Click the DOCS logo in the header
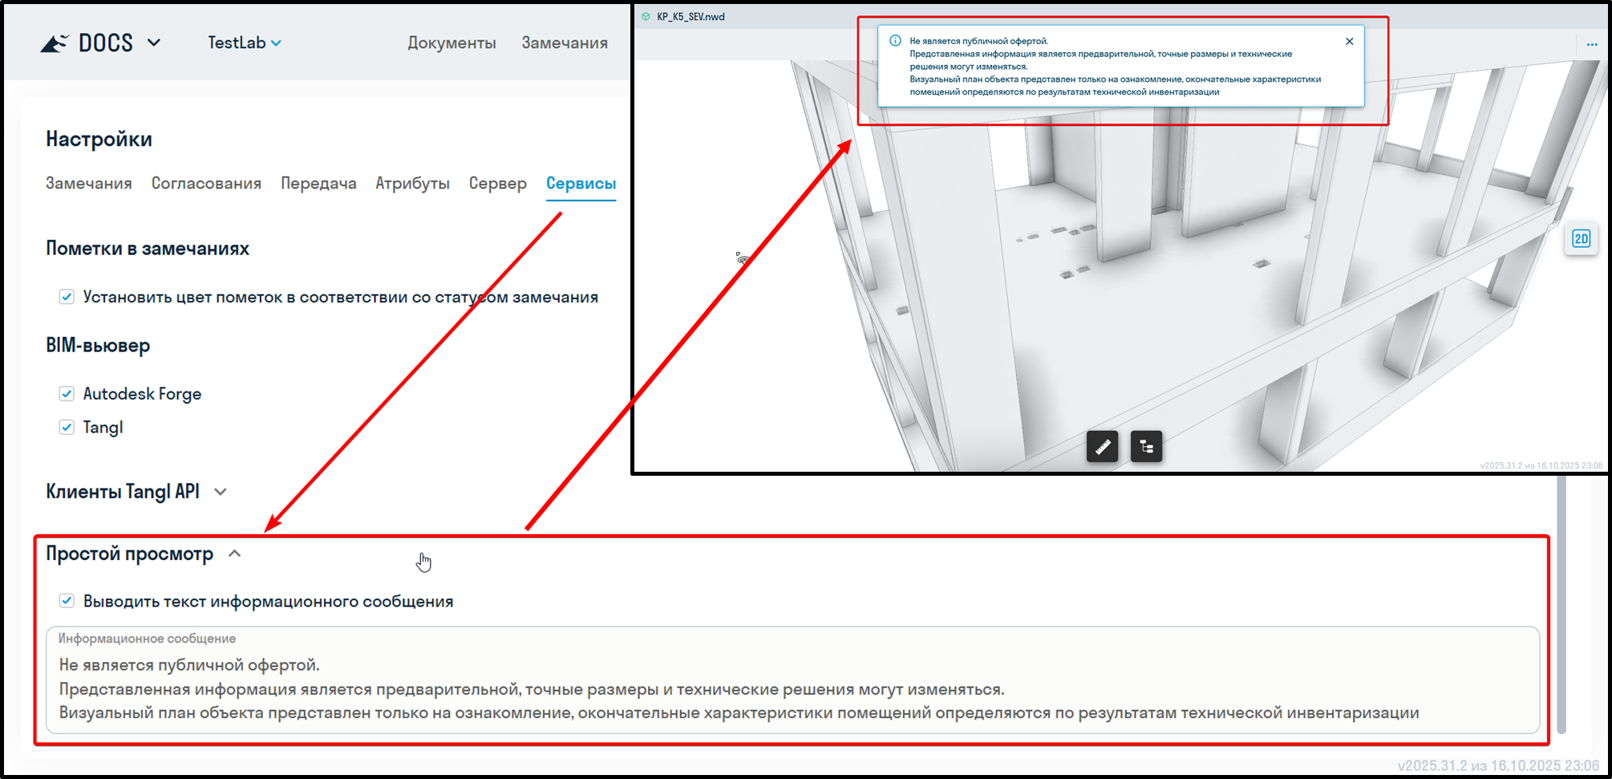(x=87, y=43)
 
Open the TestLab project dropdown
(x=245, y=43)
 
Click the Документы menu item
(x=452, y=43)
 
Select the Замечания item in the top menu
(x=565, y=43)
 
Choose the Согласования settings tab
(x=206, y=184)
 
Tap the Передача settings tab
(x=318, y=184)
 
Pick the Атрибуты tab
(x=412, y=184)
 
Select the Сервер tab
(x=498, y=184)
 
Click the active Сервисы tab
(x=581, y=184)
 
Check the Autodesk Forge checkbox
(x=67, y=394)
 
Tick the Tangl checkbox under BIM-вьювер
(x=67, y=428)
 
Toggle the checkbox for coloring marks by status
(x=67, y=297)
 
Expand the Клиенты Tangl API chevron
(x=221, y=492)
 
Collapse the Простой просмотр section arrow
(x=234, y=554)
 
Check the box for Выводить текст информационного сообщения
(x=67, y=601)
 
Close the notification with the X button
(x=1350, y=41)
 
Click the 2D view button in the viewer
(x=1581, y=239)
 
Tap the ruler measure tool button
(x=1103, y=446)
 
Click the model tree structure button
(x=1147, y=446)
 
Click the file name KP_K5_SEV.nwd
(x=691, y=17)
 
